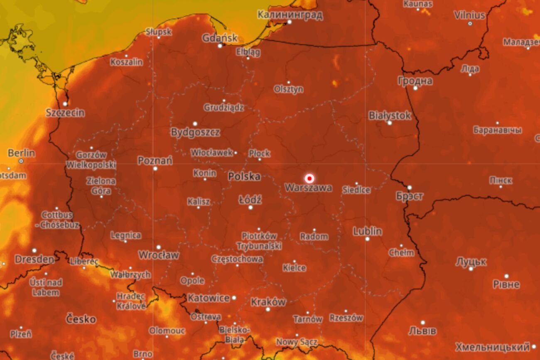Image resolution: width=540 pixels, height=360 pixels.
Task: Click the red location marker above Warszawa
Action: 309,179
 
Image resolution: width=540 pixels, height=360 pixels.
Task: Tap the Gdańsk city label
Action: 220,38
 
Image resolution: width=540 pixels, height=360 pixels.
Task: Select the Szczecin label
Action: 65,113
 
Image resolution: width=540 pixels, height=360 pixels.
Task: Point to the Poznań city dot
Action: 155,169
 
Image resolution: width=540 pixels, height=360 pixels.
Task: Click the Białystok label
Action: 390,115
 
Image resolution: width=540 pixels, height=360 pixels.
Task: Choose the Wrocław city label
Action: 158,255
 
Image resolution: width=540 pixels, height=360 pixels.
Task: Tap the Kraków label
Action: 268,302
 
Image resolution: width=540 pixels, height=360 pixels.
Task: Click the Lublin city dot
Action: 367,239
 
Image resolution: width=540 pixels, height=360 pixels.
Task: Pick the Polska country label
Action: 244,176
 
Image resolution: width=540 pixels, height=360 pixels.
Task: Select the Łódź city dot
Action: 250,207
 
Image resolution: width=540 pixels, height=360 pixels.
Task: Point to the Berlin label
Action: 21,153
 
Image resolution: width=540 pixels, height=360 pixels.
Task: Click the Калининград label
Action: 290,15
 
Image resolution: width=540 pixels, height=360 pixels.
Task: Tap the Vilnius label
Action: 469,15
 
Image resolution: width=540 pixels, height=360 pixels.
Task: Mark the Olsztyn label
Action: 288,89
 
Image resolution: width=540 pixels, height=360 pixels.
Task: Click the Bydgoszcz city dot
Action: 195,124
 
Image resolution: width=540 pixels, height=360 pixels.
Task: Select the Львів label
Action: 422,331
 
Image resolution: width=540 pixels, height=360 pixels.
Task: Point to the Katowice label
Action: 209,298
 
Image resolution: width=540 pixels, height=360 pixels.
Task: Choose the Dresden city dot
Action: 34,251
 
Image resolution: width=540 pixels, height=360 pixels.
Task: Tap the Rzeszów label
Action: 346,318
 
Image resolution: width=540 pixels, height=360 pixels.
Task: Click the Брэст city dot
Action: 409,188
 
